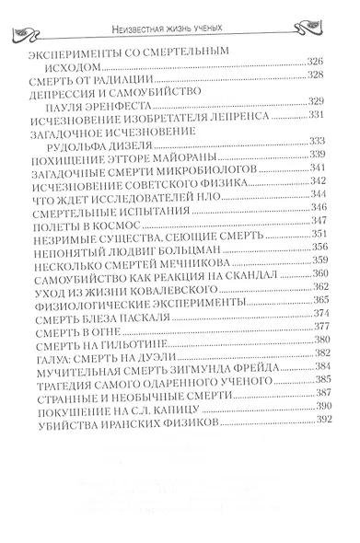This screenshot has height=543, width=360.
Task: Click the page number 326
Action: coord(315,61)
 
